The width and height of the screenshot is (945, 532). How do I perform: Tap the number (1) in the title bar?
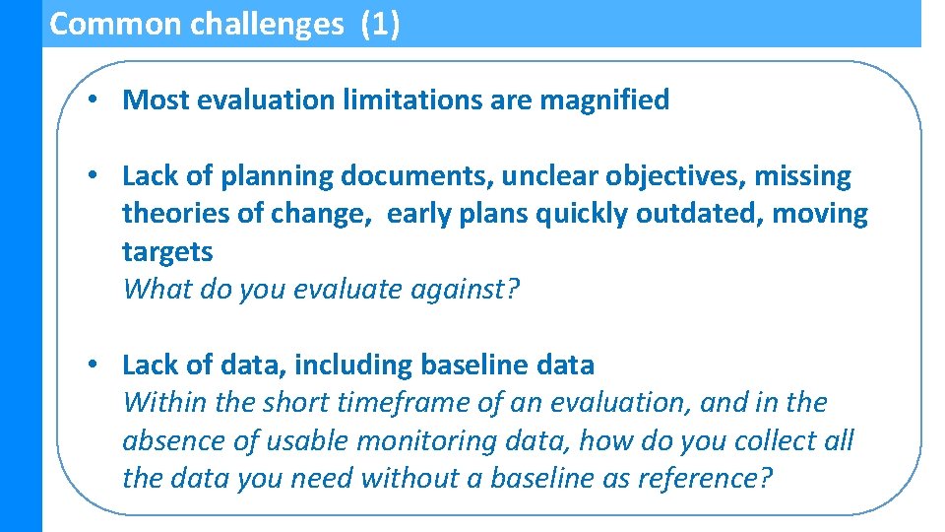point(380,24)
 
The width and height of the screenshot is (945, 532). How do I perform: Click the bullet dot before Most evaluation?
point(90,100)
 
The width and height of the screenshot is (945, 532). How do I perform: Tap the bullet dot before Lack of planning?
point(90,176)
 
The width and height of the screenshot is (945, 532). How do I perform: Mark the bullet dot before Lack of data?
point(90,365)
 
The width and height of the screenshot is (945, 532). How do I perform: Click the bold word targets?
point(167,252)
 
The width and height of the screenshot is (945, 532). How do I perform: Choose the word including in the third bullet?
point(354,365)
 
